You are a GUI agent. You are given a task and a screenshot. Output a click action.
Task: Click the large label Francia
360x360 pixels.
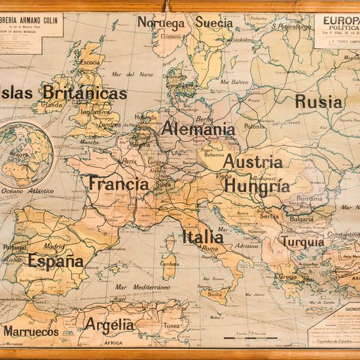119,184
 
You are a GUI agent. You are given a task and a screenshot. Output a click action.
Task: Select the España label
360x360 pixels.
56,262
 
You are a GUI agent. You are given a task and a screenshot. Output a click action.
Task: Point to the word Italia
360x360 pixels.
203,237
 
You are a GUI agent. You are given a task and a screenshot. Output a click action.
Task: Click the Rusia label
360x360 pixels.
318,101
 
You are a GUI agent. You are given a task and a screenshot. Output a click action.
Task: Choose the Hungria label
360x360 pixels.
257,186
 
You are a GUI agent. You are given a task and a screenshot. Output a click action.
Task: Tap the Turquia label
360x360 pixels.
302,242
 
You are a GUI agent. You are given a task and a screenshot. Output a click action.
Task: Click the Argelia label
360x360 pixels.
109,325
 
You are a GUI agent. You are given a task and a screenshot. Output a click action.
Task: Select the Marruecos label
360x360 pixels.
31,332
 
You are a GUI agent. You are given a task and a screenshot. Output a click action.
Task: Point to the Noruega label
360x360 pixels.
161,23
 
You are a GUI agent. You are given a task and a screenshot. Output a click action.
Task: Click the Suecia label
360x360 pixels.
213,23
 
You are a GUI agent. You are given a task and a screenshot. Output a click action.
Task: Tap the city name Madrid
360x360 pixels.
54,247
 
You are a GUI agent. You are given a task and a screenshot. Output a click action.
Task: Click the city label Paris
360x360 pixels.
129,161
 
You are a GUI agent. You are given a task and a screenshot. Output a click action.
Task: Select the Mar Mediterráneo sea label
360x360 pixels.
142,287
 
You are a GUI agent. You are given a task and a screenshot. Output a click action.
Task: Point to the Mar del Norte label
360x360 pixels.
131,74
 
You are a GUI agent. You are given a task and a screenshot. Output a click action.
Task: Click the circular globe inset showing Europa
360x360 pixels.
26,154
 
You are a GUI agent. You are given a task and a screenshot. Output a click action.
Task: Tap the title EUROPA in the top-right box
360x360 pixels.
338,20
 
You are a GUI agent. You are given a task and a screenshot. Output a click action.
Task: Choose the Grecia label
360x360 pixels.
288,276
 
